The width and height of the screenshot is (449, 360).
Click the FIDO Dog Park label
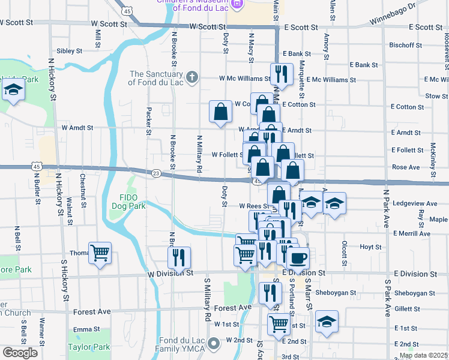[x=128, y=202]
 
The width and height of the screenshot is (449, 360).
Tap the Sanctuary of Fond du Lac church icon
[x=191, y=77]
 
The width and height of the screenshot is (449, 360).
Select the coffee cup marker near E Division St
[x=298, y=258]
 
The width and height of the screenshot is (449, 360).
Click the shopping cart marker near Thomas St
[x=100, y=252]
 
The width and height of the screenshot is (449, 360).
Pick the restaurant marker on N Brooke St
[x=179, y=257]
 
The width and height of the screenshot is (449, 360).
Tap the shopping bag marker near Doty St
[x=221, y=111]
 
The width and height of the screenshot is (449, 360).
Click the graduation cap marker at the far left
[x=13, y=91]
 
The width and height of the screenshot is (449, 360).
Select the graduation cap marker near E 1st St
[x=327, y=321]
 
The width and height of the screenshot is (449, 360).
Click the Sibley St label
[x=69, y=51]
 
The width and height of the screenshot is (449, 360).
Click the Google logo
[x=20, y=353]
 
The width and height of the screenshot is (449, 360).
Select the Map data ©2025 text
[x=424, y=355]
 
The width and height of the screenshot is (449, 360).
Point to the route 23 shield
[x=156, y=173]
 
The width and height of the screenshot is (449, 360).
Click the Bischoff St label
[x=406, y=45]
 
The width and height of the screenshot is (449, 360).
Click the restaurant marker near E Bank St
[x=278, y=74]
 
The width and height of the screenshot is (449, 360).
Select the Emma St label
[x=86, y=329]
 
